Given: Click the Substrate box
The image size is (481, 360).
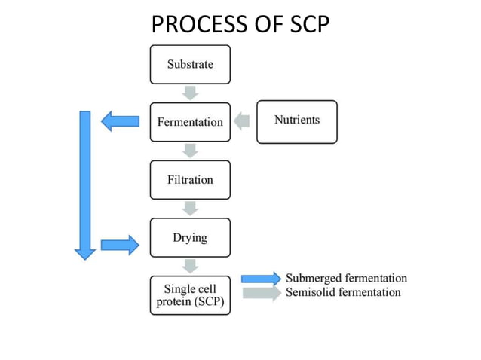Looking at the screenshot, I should click(190, 64).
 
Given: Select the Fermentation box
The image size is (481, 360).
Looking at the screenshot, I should click(190, 121).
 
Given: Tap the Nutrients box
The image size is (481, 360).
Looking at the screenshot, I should click(296, 121).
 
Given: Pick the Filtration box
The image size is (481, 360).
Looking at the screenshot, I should click(190, 179).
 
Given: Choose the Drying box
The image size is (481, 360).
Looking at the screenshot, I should click(190, 237).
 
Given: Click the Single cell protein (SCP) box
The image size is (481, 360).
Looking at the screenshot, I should click(190, 295).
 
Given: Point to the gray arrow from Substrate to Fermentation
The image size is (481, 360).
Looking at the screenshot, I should click(191, 93).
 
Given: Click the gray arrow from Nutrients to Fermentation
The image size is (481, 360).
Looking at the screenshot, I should click(242, 121).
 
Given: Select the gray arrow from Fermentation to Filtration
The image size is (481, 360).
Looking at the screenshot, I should click(191, 151).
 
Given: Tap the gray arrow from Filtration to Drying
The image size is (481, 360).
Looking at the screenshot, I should click(191, 209).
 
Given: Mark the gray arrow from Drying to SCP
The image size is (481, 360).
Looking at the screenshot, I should click(191, 266).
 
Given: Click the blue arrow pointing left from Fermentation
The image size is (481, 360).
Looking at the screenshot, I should click(121, 121).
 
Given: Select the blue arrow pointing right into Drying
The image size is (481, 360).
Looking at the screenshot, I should click(121, 244).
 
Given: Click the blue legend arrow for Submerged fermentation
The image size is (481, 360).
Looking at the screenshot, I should click(261, 279).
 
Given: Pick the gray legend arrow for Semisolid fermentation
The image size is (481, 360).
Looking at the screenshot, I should click(261, 293).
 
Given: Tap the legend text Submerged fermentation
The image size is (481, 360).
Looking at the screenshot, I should click(346, 279).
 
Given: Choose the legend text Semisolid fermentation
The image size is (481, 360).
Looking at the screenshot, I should click(343, 292).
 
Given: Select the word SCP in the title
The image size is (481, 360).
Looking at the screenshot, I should click(309, 25).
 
